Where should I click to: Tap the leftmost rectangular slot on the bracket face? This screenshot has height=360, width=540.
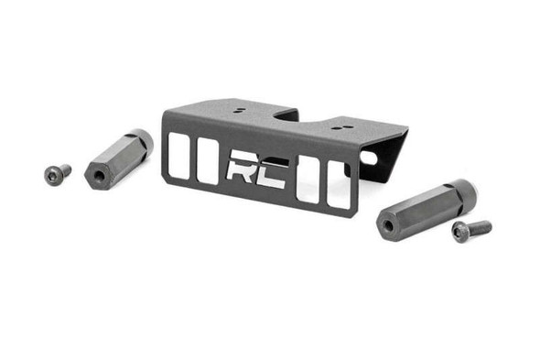pos(180,155)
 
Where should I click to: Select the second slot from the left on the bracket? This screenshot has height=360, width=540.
pos(208,162)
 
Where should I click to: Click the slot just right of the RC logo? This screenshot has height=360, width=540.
pos(308,180)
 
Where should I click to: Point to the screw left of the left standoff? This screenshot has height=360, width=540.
pos(58,172)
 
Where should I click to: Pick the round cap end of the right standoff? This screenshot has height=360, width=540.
pos(463,191)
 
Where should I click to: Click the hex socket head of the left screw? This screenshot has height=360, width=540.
pos(52,173)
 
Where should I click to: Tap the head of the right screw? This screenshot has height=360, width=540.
pos(459,235)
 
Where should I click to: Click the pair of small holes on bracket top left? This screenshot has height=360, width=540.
pos(238,110)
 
